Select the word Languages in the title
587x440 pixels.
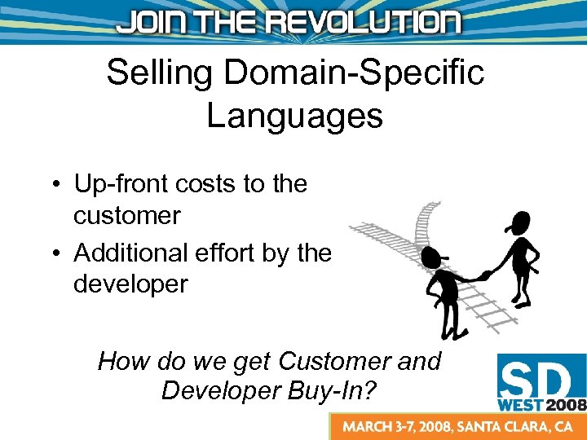click(294, 115)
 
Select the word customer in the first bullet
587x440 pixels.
click(126, 216)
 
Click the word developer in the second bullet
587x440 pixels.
click(130, 285)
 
